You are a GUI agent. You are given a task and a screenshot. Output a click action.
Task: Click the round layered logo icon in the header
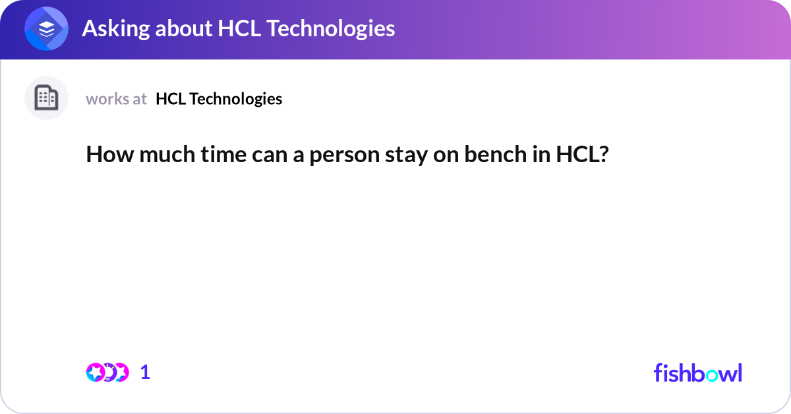47,29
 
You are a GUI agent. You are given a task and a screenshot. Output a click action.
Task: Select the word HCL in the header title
240,28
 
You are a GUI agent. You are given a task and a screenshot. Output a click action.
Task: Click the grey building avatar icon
46,98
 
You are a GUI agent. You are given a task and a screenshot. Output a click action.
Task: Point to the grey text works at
116,99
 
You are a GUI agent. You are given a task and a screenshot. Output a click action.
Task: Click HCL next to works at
169,99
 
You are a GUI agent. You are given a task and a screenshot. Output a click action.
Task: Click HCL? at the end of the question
582,155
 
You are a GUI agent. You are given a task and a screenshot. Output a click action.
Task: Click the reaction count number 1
145,372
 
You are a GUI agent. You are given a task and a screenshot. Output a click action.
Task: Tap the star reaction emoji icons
107,372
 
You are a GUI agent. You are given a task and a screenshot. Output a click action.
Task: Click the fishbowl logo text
697,372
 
